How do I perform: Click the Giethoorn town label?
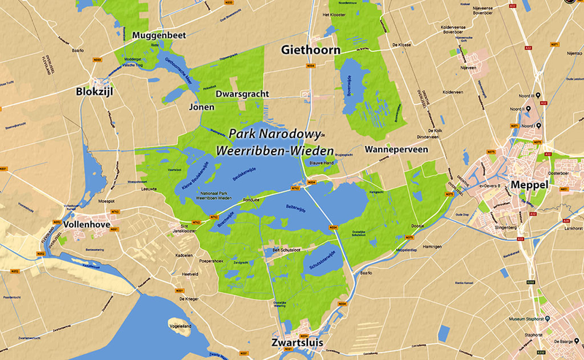312,50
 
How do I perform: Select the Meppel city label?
530,186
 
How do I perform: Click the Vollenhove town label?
87,224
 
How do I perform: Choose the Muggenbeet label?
161,34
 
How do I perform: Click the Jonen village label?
201,107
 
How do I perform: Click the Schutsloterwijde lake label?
321,265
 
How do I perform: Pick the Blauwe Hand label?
321,162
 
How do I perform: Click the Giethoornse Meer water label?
179,72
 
